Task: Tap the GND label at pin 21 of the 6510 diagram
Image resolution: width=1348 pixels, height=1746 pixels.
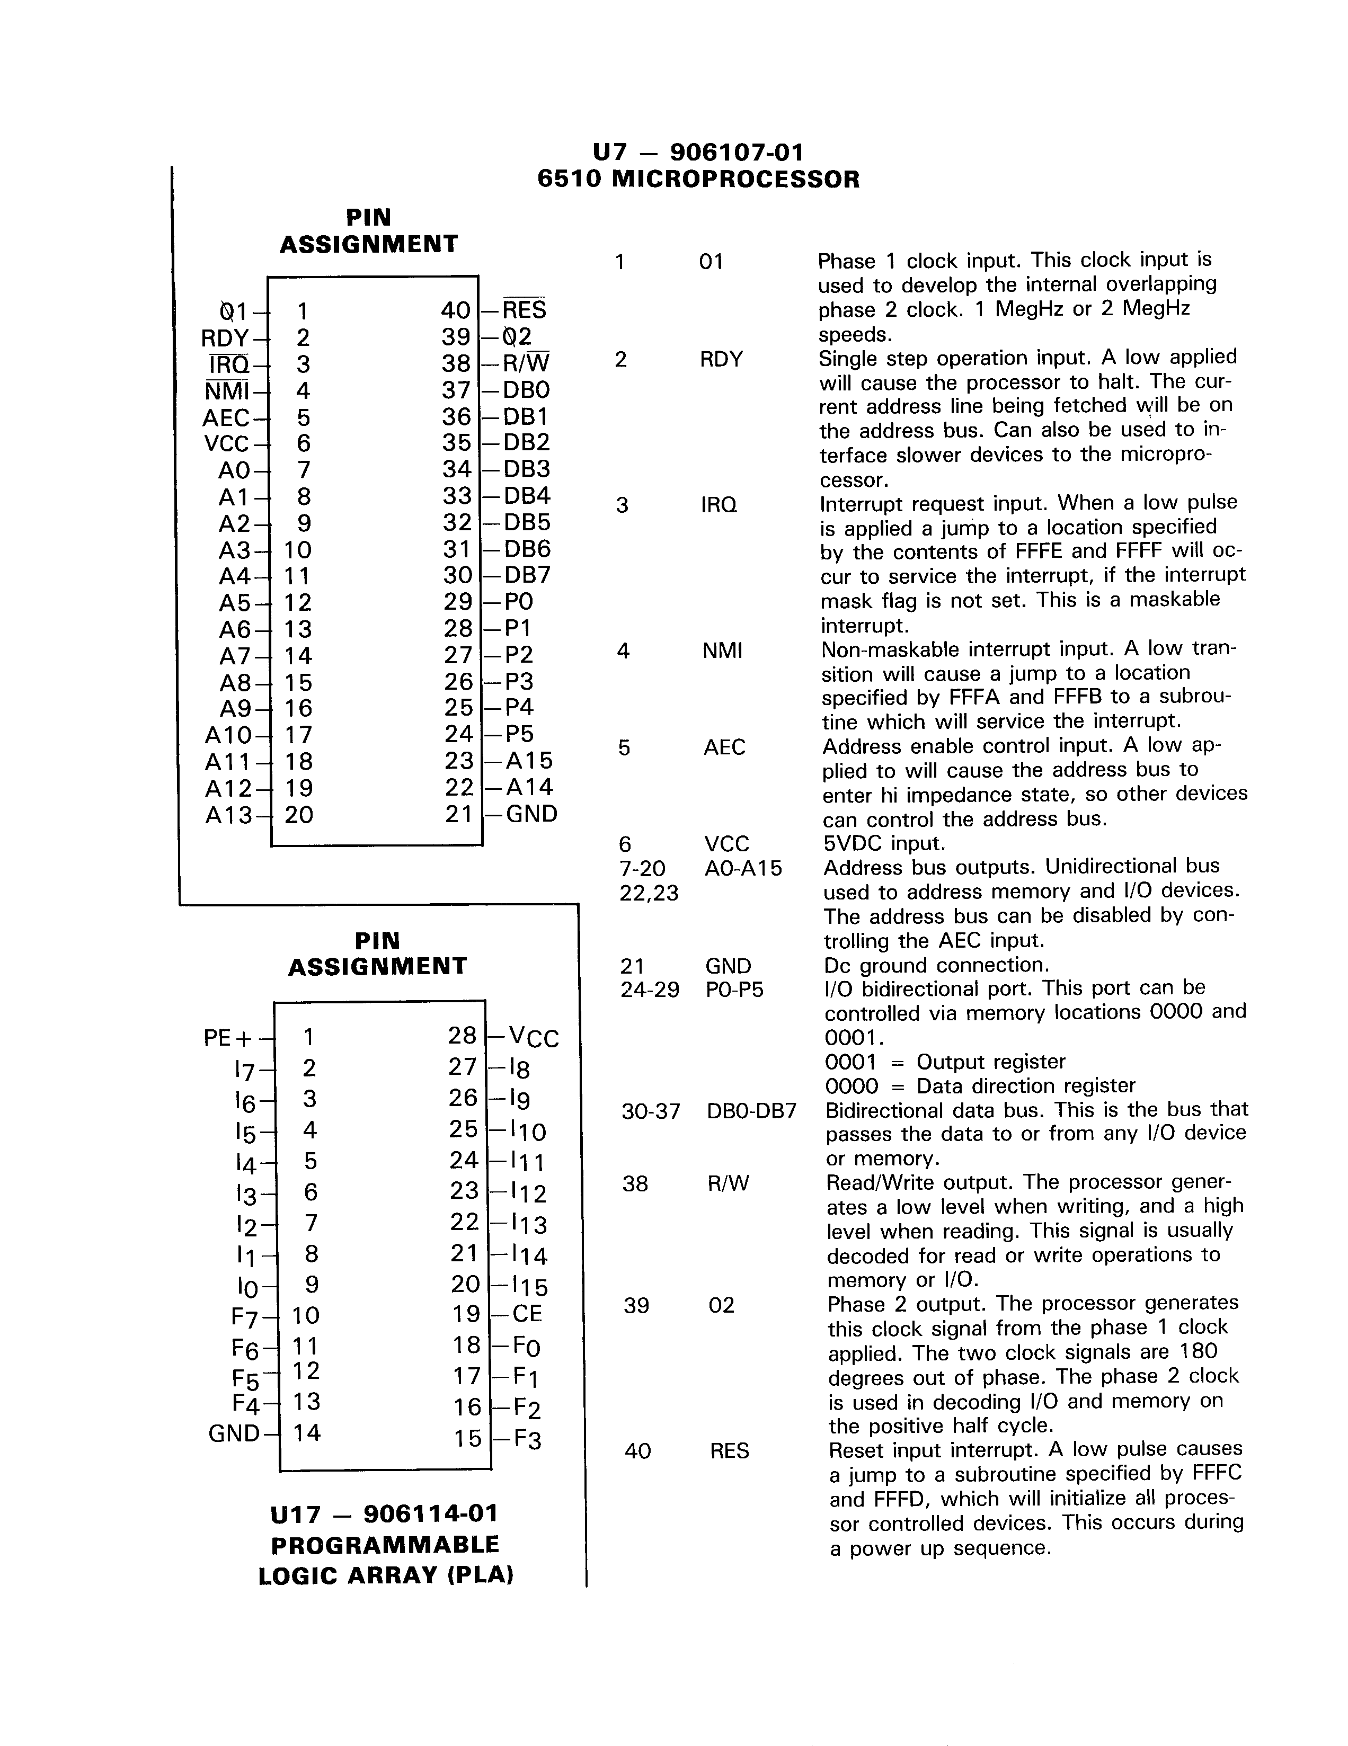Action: click(531, 814)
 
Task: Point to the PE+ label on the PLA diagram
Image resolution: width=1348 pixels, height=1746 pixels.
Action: click(228, 1038)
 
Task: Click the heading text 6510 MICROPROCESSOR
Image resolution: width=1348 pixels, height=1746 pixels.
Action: click(698, 179)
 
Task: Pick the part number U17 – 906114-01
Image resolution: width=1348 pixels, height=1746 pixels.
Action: click(385, 1514)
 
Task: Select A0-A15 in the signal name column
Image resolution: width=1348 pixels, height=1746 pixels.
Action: click(743, 868)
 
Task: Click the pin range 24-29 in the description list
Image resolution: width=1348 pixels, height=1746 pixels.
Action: click(649, 990)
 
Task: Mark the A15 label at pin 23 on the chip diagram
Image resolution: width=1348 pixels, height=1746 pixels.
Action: click(529, 760)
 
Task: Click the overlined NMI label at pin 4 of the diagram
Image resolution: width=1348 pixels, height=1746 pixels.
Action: click(227, 391)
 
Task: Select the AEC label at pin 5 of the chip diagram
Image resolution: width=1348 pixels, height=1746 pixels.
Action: click(226, 418)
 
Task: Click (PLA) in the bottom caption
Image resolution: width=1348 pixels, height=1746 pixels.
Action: click(480, 1576)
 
